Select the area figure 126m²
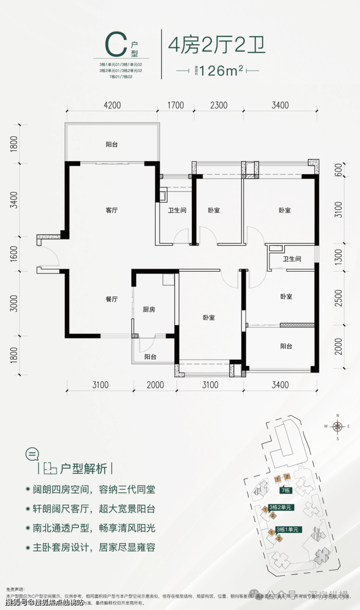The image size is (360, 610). tap(217, 71)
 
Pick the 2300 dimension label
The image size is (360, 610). tap(219, 105)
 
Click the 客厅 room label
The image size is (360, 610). tap(112, 211)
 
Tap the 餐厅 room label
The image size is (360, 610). tap(112, 300)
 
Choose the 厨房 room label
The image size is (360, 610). tap(149, 310)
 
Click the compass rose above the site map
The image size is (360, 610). tap(337, 426)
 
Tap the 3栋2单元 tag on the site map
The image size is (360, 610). tap(280, 507)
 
